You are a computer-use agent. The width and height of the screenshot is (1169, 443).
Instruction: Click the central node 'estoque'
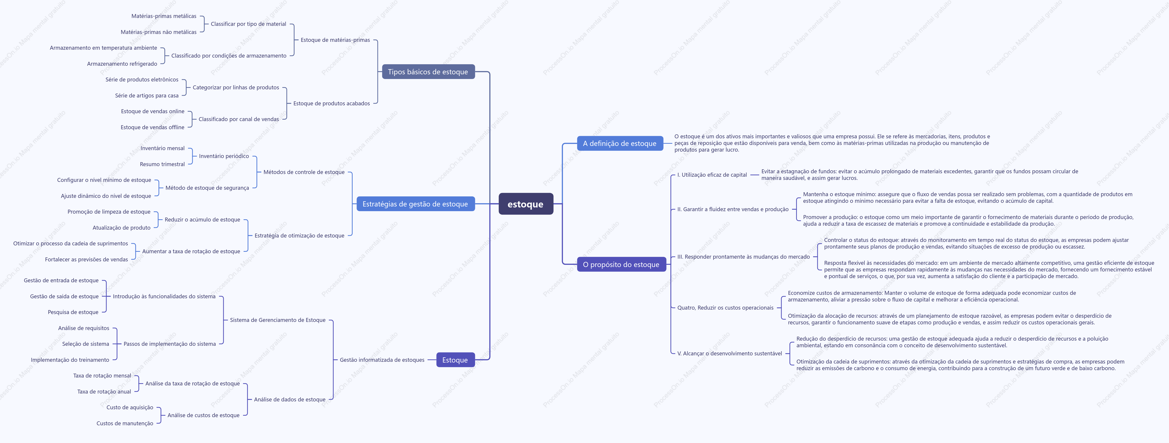[x=525, y=204]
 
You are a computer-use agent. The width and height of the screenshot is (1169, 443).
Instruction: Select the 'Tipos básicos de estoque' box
[x=428, y=72]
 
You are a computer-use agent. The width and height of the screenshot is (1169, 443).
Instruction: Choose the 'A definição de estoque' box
[x=620, y=143]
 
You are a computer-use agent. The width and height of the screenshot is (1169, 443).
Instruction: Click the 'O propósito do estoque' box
[x=621, y=264]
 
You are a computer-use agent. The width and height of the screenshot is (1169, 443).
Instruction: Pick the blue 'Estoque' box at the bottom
[x=455, y=360]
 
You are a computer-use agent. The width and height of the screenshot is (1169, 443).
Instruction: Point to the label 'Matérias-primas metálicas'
[x=164, y=16]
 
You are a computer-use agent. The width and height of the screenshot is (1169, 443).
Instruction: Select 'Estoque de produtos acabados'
[x=332, y=103]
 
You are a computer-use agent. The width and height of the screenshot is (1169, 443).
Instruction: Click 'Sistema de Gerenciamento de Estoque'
[x=278, y=320]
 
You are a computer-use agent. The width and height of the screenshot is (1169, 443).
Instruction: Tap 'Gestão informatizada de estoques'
[x=382, y=360]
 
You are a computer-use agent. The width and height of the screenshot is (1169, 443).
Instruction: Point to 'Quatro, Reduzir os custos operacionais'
[x=725, y=308]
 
